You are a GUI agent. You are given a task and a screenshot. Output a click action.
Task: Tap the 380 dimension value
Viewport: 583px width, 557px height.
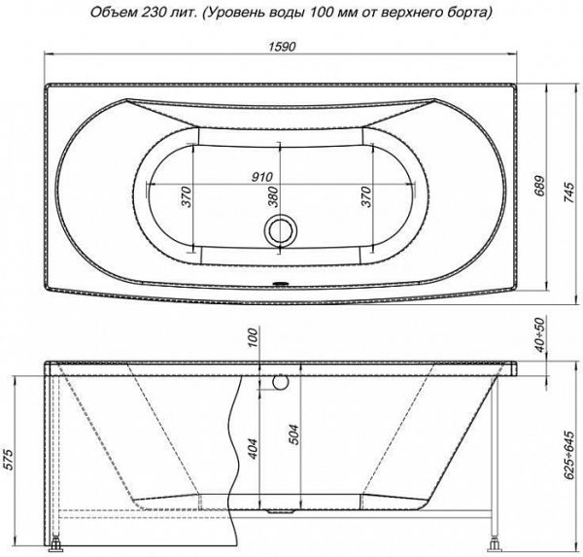(274, 197)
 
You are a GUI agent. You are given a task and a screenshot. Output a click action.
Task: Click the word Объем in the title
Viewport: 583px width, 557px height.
(113, 13)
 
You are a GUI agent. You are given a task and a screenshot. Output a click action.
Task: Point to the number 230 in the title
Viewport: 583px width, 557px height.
(159, 13)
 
